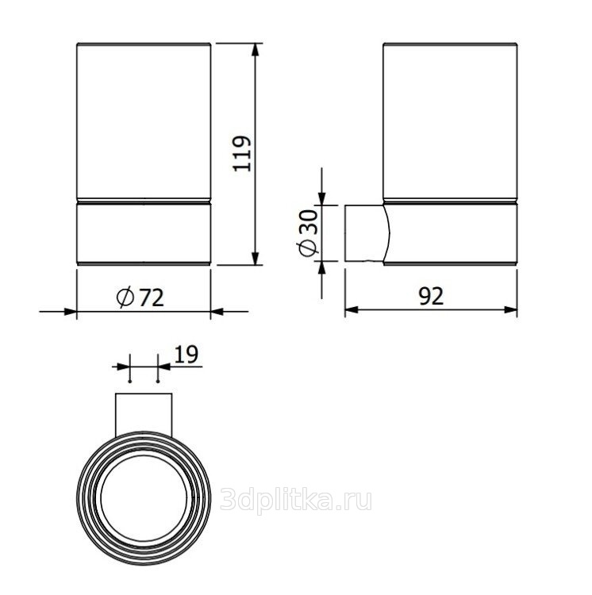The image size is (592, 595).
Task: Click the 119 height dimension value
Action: pyautogui.click(x=243, y=153)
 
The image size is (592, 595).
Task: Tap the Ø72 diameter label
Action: pyautogui.click(x=140, y=297)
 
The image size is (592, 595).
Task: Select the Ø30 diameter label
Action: pyautogui.click(x=307, y=233)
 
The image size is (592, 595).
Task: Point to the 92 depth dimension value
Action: pyautogui.click(x=431, y=297)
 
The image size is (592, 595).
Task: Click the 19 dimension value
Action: pyautogui.click(x=186, y=355)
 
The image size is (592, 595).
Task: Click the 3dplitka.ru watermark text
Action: pyautogui.click(x=296, y=500)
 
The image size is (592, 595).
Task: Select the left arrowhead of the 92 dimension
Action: pyautogui.click(x=352, y=310)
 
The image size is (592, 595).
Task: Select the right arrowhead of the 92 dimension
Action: pyautogui.click(x=510, y=310)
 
